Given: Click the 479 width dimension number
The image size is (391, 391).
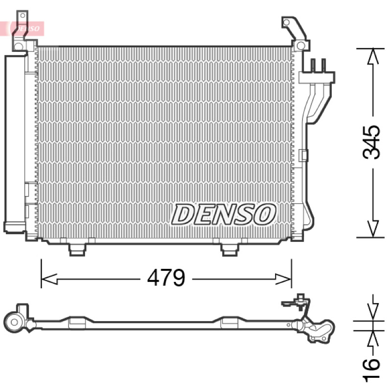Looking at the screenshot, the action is tap(166, 277).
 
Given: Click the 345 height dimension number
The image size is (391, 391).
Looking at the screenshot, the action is tap(371, 142).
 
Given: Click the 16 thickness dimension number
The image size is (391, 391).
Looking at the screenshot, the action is tap(371, 370).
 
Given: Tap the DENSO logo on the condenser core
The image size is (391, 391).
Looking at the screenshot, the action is tap(223, 214).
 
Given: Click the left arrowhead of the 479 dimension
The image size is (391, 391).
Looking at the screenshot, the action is tap(49, 279).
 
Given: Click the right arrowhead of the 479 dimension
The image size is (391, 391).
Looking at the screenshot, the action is tap(283, 279).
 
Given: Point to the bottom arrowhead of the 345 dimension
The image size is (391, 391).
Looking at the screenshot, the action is tap(373, 229).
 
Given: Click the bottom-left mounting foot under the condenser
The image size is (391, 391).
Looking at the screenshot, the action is tap(77, 249).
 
